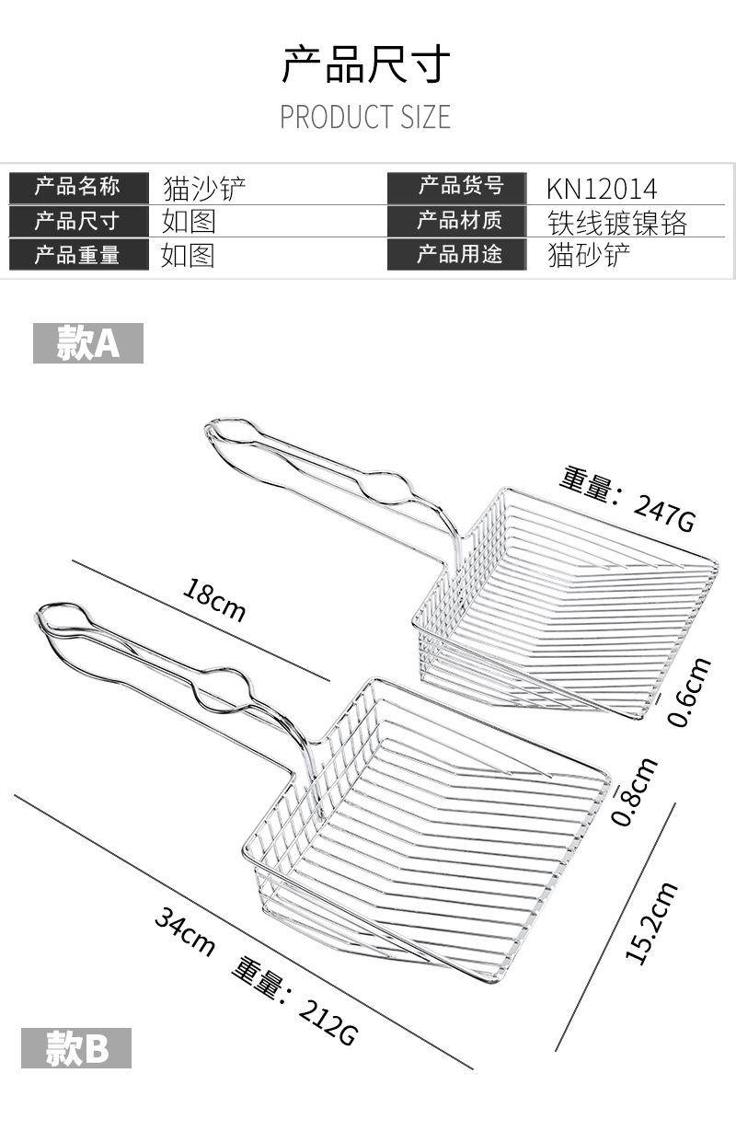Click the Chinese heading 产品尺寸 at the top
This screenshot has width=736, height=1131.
(x=365, y=63)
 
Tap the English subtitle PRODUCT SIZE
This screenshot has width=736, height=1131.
(x=365, y=117)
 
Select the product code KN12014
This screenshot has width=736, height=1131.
(x=601, y=189)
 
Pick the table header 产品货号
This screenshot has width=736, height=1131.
(x=460, y=186)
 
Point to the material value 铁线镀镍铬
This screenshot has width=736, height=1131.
(x=617, y=223)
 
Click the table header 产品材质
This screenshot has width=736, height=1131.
(x=460, y=221)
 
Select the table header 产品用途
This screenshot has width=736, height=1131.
(x=460, y=254)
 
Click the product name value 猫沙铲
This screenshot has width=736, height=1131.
(x=204, y=189)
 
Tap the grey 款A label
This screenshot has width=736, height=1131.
(x=88, y=343)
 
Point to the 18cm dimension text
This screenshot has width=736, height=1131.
(x=214, y=600)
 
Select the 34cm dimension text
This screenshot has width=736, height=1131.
(x=185, y=930)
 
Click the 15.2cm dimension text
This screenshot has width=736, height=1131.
(x=651, y=924)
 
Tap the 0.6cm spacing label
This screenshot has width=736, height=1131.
(x=690, y=691)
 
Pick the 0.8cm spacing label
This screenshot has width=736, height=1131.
(x=634, y=791)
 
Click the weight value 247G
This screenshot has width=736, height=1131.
(x=664, y=513)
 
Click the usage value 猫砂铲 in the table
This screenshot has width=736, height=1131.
(x=589, y=256)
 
